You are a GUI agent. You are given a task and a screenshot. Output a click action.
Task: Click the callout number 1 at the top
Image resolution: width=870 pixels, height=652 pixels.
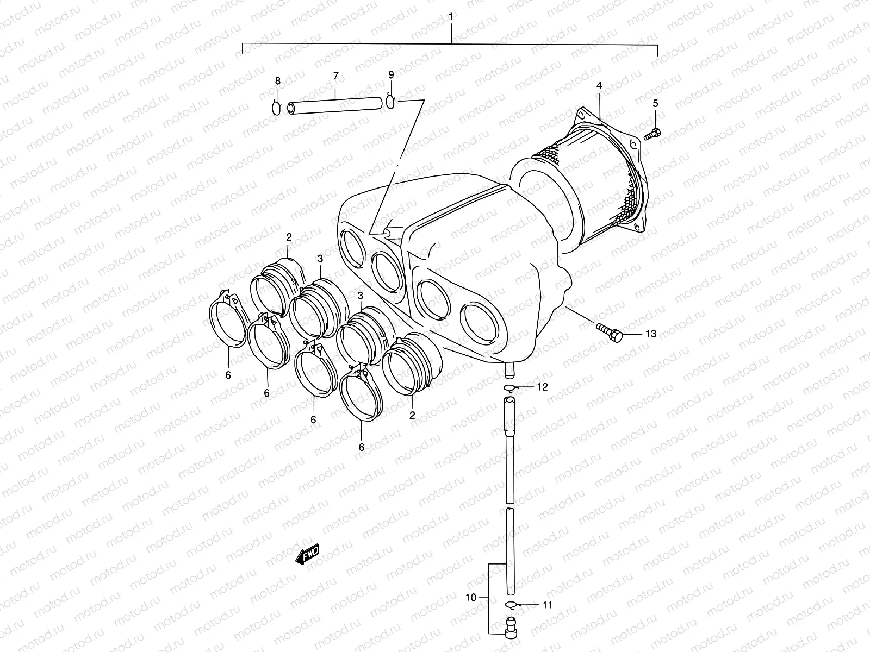[451, 16]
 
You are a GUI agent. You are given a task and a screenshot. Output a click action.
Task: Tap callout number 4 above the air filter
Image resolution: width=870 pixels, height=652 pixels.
[599, 85]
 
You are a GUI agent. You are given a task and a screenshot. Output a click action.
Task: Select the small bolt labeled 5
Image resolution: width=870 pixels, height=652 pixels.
[652, 134]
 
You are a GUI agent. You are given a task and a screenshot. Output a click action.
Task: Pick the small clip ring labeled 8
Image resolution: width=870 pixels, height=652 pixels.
[277, 108]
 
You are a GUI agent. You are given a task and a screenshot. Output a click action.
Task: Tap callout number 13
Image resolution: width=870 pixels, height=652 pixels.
[650, 334]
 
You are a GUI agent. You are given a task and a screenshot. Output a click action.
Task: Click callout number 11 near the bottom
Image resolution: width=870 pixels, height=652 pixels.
[547, 604]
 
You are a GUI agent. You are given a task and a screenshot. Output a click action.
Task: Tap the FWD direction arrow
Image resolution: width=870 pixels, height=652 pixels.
[307, 555]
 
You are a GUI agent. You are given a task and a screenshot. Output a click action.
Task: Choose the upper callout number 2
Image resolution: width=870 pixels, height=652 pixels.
[289, 236]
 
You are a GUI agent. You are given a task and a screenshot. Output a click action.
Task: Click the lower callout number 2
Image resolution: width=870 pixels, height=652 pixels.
[412, 415]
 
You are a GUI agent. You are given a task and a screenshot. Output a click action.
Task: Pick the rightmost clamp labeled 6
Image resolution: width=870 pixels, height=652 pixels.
[361, 395]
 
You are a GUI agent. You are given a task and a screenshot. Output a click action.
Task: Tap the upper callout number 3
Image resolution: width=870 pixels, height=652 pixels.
[320, 258]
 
